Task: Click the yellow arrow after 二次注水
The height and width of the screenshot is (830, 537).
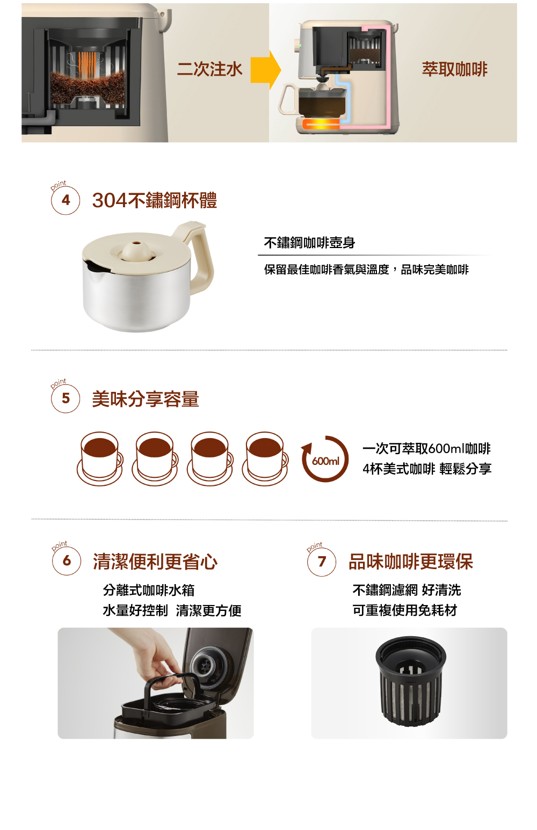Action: (266, 70)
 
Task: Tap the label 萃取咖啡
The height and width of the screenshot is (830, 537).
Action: (454, 69)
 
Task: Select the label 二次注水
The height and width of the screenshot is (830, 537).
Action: (209, 69)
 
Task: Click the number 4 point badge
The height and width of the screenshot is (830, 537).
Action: (66, 200)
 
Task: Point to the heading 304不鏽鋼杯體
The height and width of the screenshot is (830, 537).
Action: (155, 200)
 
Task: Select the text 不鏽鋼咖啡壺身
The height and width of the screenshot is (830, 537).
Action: (309, 243)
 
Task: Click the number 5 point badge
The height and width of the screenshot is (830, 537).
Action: (66, 398)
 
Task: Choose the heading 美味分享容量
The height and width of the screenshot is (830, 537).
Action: (146, 399)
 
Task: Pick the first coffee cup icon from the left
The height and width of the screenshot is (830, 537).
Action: (100, 458)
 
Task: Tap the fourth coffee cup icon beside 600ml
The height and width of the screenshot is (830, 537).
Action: (265, 458)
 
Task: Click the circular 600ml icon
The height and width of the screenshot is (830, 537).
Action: (325, 460)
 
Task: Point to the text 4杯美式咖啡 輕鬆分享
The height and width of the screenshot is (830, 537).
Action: (427, 469)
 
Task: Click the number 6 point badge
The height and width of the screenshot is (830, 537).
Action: (67, 561)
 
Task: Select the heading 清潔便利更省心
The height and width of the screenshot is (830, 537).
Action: (155, 562)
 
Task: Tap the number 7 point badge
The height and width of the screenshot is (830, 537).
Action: (322, 562)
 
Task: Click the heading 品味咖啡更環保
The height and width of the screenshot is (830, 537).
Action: (411, 562)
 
